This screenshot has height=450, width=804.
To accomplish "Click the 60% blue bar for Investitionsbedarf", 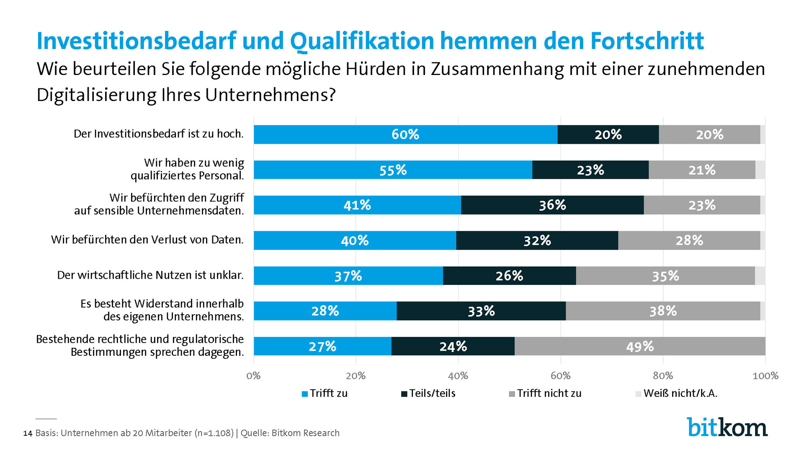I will (405, 134).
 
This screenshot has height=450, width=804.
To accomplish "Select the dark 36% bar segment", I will (552, 205).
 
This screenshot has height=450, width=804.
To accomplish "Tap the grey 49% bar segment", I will (639, 346).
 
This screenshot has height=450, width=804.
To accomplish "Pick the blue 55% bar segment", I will (393, 170).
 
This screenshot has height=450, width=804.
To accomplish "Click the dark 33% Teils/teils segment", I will (481, 311).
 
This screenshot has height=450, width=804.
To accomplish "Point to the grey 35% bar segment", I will (665, 276).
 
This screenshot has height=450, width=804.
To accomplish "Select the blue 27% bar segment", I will (322, 346).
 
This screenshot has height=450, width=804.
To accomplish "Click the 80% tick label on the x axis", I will (663, 376).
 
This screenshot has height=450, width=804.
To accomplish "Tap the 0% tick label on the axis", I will (253, 376).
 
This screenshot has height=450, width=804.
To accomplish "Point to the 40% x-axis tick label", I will (458, 376).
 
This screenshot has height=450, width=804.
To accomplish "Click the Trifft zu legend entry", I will (325, 393).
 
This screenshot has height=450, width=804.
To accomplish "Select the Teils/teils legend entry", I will (428, 393).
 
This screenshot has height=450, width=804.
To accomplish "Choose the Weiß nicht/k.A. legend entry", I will (677, 393).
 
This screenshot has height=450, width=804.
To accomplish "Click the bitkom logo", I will (727, 427).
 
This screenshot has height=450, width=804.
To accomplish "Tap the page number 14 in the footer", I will (28, 433).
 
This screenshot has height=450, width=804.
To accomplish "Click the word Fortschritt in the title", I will (647, 41).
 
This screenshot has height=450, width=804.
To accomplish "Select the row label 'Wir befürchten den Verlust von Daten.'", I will (147, 240).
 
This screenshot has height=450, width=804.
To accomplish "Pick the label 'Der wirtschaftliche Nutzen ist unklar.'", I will (150, 275).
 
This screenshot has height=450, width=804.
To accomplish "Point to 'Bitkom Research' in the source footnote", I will (305, 433).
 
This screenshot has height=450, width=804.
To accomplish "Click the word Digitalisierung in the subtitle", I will (96, 95).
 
